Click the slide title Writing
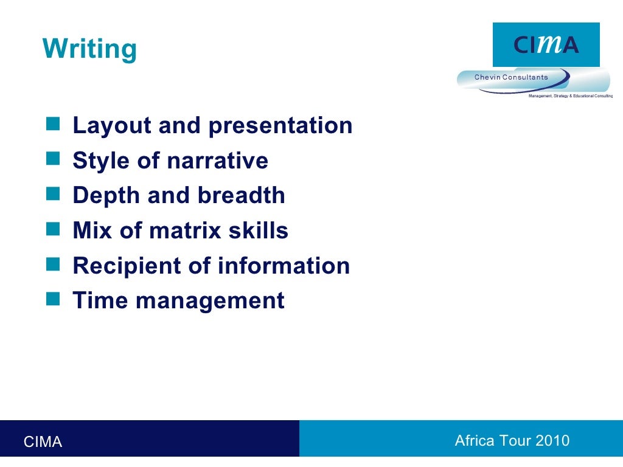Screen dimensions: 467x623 (89, 49)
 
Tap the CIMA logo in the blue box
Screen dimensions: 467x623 (546, 45)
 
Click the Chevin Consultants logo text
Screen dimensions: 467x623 (511, 77)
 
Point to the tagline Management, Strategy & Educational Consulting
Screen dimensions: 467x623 (570, 96)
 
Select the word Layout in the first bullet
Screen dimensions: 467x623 (111, 126)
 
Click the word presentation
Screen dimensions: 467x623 (280, 126)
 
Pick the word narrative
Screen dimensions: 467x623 (217, 161)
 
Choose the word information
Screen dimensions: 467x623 (284, 266)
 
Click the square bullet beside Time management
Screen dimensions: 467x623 (54, 299)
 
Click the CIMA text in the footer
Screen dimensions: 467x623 (43, 442)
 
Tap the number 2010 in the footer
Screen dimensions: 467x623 (552, 441)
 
